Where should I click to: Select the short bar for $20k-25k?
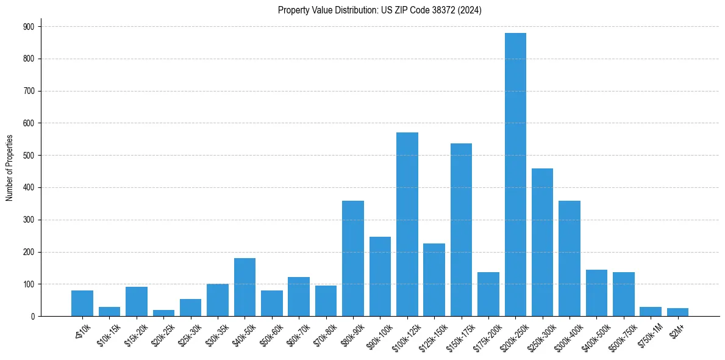[163, 313]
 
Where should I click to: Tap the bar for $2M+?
[677, 312]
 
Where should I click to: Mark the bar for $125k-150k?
[434, 280]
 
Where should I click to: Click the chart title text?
[379, 10]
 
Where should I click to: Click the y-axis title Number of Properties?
[10, 168]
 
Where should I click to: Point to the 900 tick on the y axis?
[29, 27]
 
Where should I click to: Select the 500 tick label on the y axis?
[29, 156]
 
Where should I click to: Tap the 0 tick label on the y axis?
[32, 317]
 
